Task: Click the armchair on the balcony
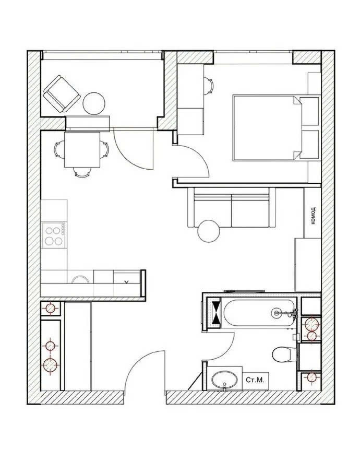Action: coord(62,93)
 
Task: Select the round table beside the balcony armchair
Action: coord(94,103)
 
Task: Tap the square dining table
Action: coord(82,149)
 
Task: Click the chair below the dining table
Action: coord(82,172)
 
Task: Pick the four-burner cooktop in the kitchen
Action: coord(54,235)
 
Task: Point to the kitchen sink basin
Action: coord(80,279)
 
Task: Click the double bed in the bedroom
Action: coord(268,128)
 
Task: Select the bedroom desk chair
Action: coord(209,86)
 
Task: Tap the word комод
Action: coord(313,215)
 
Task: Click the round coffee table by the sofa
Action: coord(209,231)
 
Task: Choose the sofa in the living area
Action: coord(232,208)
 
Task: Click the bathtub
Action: coord(259,313)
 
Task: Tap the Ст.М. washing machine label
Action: coord(255,380)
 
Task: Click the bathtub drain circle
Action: coord(276,313)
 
